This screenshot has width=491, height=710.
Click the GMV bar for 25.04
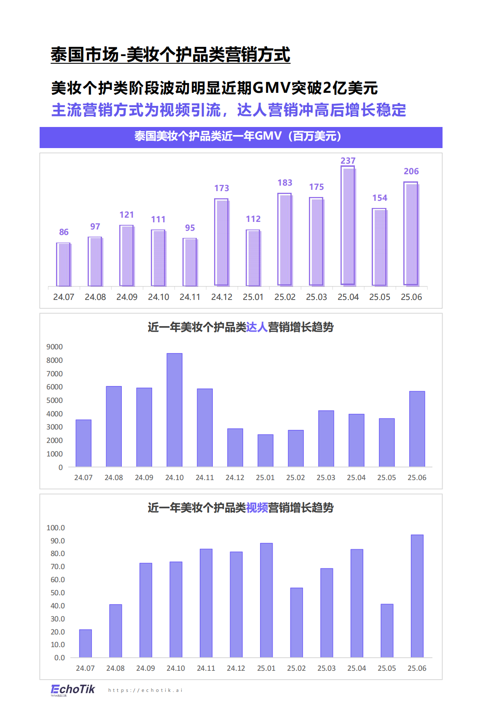[348, 226]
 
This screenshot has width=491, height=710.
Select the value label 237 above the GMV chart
[348, 161]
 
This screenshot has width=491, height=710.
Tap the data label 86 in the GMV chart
[64, 232]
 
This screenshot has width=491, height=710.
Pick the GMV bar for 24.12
[222, 242]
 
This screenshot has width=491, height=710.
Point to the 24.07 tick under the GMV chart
[64, 297]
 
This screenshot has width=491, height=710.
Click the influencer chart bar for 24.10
[174, 410]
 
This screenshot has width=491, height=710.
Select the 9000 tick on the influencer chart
[55, 347]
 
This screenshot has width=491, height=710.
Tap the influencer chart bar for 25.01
[266, 451]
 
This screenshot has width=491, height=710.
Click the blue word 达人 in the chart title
[257, 327]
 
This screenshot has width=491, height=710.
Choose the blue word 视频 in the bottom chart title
[257, 508]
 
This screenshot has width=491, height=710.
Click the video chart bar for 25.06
[417, 596]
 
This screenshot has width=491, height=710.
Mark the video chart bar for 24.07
[86, 643]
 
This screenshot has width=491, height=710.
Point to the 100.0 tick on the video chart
[56, 528]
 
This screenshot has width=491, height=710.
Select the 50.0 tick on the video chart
[58, 593]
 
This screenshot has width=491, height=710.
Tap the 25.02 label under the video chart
[296, 668]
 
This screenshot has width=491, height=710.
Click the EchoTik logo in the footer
[72, 690]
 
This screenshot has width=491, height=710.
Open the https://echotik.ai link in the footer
[145, 690]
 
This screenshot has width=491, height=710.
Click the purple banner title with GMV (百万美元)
[241, 136]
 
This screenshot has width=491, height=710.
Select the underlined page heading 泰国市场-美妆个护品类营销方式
[170, 55]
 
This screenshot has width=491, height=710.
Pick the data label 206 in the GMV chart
[411, 171]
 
